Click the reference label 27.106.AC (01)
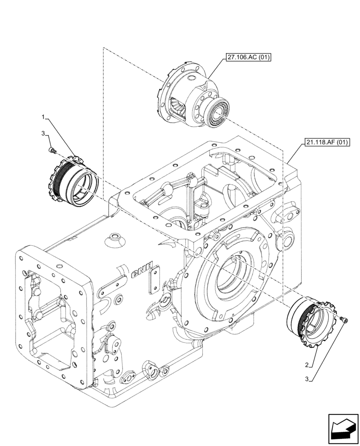(x=248, y=57)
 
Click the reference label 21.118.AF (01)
(x=327, y=143)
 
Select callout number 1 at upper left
(x=43, y=117)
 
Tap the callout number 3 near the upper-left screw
(x=43, y=133)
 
